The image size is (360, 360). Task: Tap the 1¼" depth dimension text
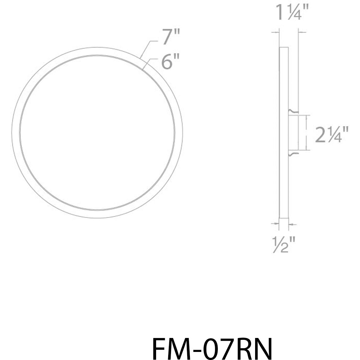click(x=289, y=13)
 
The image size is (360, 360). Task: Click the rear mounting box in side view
click(x=293, y=132)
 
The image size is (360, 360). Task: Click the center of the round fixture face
click(x=97, y=133)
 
